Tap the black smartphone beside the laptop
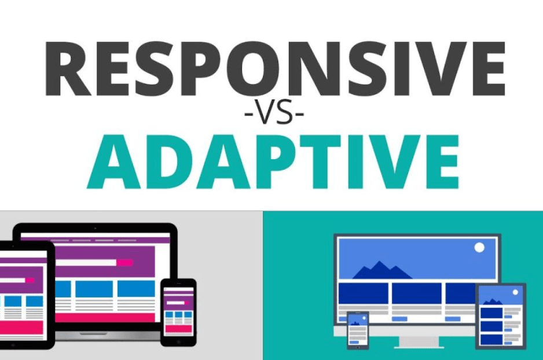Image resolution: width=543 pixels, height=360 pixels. [178, 312]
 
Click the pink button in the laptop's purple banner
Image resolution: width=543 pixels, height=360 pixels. [124, 263]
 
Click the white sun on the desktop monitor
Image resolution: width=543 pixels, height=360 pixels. [479, 248]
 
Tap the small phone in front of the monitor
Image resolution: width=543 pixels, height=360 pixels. [358, 330]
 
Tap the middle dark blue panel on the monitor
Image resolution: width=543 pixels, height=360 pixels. [416, 293]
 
